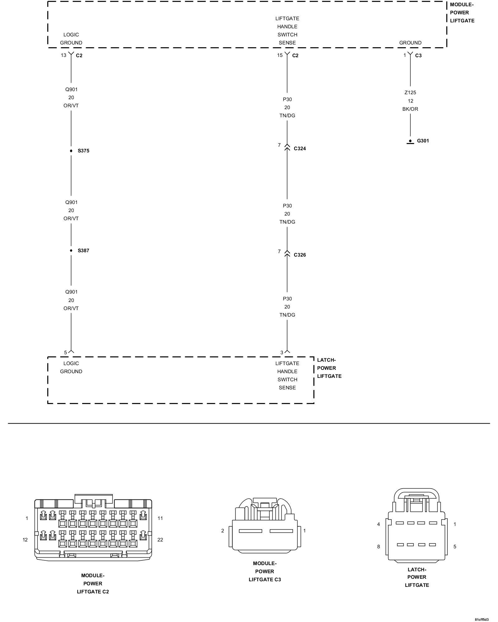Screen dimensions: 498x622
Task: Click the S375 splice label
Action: [x=83, y=151]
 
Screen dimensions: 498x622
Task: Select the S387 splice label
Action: [x=83, y=251]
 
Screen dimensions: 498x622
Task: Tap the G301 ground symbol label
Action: [x=423, y=141]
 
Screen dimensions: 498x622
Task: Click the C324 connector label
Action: [x=300, y=149]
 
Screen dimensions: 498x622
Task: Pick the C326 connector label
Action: [x=300, y=255]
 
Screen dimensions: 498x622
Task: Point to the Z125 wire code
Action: [x=410, y=93]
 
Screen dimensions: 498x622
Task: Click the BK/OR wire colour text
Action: [x=410, y=109]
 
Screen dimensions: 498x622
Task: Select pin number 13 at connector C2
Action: [x=63, y=55]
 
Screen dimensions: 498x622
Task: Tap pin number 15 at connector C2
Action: [x=280, y=55]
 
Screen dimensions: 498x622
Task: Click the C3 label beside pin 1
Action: [x=418, y=56]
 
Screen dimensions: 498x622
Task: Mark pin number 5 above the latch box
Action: [x=65, y=352]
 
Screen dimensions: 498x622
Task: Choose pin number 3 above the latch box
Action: [x=282, y=352]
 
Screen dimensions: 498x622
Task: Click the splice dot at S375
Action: [x=71, y=151]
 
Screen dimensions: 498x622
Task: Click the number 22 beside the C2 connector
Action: [x=160, y=540]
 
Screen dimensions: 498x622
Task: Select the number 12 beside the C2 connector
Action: [x=25, y=540]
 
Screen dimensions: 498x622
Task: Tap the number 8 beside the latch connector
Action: [x=378, y=546]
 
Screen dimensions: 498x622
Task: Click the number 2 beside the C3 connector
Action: [x=223, y=531]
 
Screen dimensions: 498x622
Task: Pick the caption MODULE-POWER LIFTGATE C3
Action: [x=265, y=571]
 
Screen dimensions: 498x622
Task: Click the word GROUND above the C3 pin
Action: [x=410, y=43]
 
